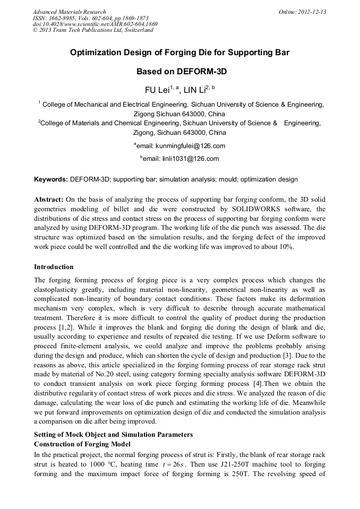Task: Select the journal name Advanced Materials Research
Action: click(x=69, y=12)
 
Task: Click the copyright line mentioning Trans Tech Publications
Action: click(x=93, y=30)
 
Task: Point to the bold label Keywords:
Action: click(x=51, y=179)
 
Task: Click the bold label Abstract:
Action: click(x=49, y=200)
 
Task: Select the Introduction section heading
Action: click(x=54, y=266)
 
